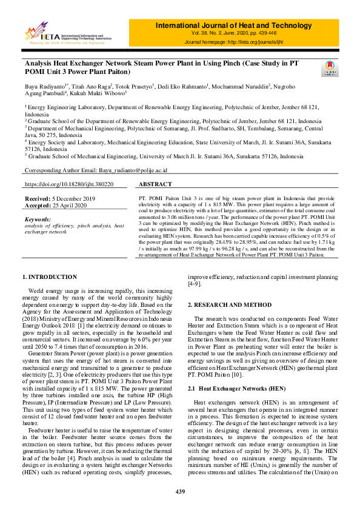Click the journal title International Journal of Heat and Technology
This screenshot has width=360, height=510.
pyautogui.click(x=242, y=25)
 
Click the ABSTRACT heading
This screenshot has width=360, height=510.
pyautogui.click(x=155, y=184)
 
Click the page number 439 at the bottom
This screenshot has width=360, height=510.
pyautogui.click(x=180, y=491)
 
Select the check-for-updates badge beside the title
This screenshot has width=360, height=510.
pyautogui.click(x=331, y=68)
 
